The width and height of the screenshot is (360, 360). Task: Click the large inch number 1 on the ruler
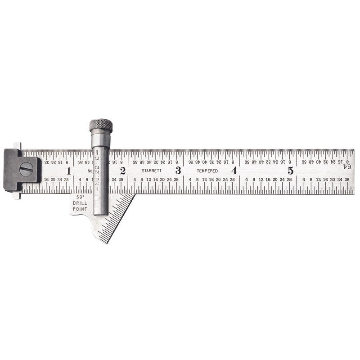click(68, 171)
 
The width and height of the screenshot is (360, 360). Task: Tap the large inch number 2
click(122, 171)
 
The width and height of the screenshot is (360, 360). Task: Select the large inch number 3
click(178, 171)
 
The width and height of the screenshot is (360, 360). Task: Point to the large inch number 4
click(234, 171)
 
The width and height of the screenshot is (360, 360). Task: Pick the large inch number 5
click(291, 171)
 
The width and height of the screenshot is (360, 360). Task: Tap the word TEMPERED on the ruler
click(207, 171)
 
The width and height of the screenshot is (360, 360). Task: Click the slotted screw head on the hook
click(26, 169)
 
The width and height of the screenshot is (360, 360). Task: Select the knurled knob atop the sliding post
click(101, 125)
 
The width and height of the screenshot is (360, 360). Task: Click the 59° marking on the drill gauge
click(80, 197)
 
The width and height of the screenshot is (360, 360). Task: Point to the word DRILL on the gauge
click(80, 203)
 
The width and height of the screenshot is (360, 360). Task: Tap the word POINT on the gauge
click(80, 209)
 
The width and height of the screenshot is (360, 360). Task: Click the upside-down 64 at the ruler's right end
click(347, 166)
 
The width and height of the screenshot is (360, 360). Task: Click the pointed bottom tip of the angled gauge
click(106, 243)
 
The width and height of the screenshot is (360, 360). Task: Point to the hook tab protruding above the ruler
click(17, 145)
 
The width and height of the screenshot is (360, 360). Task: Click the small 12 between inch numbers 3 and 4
click(204, 180)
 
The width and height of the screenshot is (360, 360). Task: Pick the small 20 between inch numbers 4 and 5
click(274, 180)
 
